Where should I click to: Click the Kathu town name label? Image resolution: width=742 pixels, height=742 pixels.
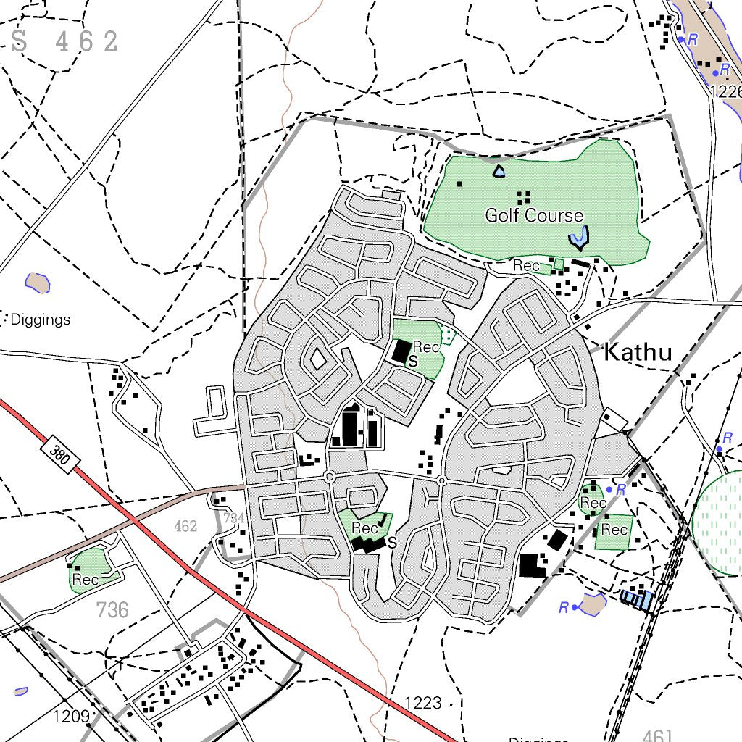pos(638,353)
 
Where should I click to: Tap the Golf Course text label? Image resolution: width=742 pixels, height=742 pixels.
pos(534,215)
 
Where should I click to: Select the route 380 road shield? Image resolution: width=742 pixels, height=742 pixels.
pos(60,454)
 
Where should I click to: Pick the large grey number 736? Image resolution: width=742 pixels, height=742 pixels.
pos(112,610)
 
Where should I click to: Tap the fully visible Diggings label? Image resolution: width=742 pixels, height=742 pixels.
pos(41,320)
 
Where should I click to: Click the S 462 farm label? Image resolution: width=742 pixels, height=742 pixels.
pos(65,41)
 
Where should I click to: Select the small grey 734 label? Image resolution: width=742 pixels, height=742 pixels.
pos(233,517)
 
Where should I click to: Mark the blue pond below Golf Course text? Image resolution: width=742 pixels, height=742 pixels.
pos(578,235)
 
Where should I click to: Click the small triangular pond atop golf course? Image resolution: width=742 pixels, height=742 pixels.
pos(499,172)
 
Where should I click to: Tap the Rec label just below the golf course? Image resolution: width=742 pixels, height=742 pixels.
pos(526,266)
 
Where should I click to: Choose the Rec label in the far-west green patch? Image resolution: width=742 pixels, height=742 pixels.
pos(85,580)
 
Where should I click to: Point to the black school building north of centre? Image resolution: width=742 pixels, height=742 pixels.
pos(399,351)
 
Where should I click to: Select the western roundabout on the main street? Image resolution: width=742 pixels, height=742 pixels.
pos(329,477)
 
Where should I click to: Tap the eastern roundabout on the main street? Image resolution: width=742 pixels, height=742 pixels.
pos(441,480)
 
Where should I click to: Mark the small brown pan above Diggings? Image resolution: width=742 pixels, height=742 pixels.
pos(38,282)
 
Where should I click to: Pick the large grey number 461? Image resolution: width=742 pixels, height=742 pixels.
pos(658,735)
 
